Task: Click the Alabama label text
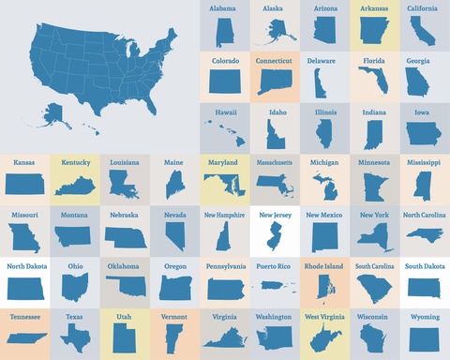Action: [x=223, y=8]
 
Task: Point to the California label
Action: [x=425, y=8]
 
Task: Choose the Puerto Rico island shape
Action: [x=275, y=286]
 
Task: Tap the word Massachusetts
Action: [x=275, y=163]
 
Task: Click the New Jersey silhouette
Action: [x=275, y=235]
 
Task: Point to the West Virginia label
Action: [x=324, y=318]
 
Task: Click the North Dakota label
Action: [x=25, y=266]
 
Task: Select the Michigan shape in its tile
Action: [x=324, y=184]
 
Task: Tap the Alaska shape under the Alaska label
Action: [x=275, y=32]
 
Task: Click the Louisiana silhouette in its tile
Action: [x=125, y=184]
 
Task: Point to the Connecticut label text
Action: [x=275, y=60]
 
